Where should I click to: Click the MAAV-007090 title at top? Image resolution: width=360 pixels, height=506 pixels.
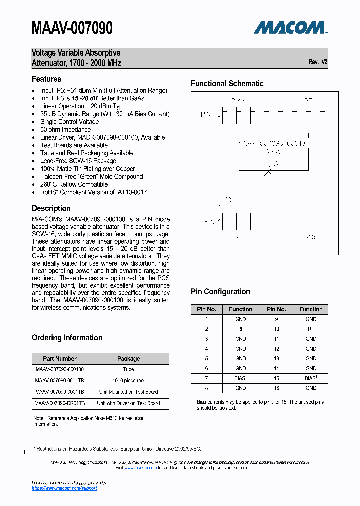(x=72, y=28)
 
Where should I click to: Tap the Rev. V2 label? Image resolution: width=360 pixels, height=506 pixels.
(x=318, y=62)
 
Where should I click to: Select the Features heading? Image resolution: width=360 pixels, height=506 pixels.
(x=46, y=79)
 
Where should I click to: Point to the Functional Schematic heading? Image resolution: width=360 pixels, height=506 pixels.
(x=227, y=84)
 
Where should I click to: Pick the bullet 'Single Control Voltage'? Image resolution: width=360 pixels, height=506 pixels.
(x=69, y=122)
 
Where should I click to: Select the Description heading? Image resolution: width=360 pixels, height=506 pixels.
(x=51, y=208)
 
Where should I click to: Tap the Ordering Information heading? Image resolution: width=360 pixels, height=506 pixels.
(x=67, y=338)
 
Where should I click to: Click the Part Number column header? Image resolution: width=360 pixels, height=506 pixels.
(x=60, y=358)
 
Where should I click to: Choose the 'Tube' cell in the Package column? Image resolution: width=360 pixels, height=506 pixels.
(x=128, y=369)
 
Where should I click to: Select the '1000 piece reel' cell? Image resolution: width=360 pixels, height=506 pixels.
(x=128, y=380)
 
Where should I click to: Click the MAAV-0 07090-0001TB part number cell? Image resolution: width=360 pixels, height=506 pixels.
(x=60, y=392)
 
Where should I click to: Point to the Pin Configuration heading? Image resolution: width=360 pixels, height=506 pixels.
(x=220, y=292)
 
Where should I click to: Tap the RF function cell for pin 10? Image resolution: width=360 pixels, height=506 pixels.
(x=311, y=329)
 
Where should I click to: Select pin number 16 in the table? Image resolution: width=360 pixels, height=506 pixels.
(x=276, y=388)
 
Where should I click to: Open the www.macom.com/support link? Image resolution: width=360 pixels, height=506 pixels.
(x=64, y=488)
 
